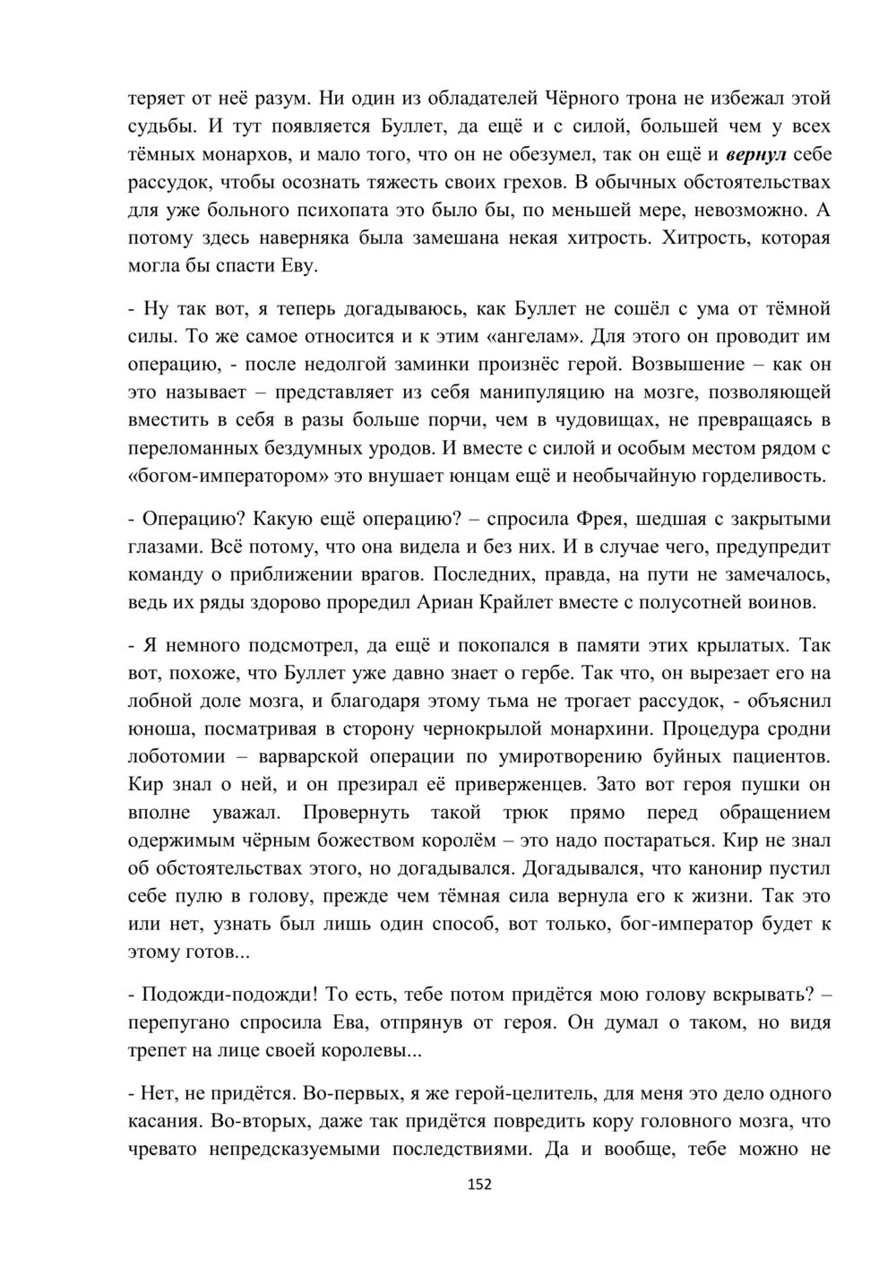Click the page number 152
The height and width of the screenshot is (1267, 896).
pos(479,1184)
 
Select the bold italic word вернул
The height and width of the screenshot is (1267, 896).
pos(755,154)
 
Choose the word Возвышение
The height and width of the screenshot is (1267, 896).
pos(688,364)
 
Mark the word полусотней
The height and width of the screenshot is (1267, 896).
pos(705,602)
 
